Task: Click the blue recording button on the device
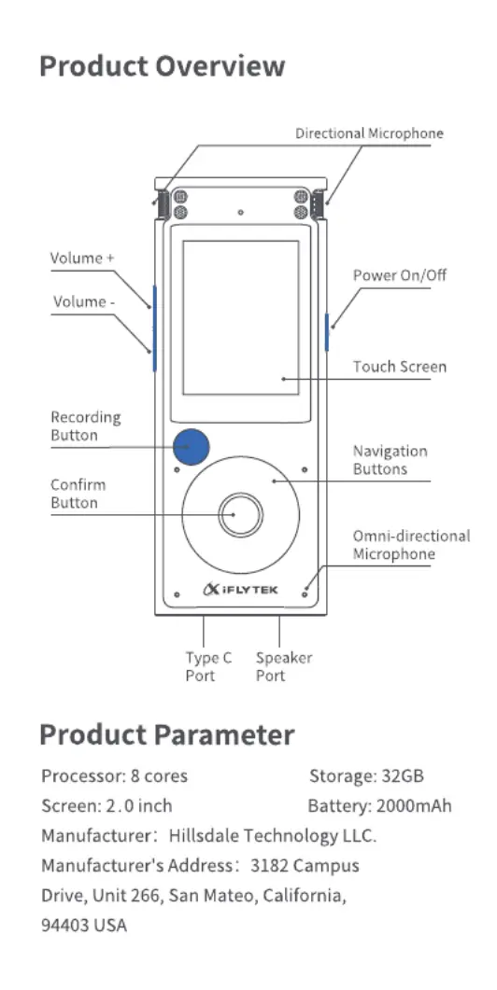pyautogui.click(x=191, y=446)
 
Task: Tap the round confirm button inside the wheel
pyautogui.click(x=240, y=514)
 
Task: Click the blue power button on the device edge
pyautogui.click(x=327, y=331)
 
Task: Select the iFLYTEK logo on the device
pyautogui.click(x=240, y=589)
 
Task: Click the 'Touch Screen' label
pyautogui.click(x=400, y=367)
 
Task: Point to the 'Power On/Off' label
pyautogui.click(x=400, y=275)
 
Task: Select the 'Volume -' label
pyautogui.click(x=83, y=301)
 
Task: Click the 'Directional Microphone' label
pyautogui.click(x=369, y=133)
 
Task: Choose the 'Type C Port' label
pyautogui.click(x=208, y=667)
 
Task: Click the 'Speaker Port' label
pyautogui.click(x=284, y=667)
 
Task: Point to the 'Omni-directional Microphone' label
pyautogui.click(x=412, y=545)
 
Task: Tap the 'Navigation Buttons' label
pyautogui.click(x=390, y=460)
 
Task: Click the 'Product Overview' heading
pyautogui.click(x=162, y=65)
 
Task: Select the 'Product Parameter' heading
pyautogui.click(x=167, y=735)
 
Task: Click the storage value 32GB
pyautogui.click(x=403, y=775)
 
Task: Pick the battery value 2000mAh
pyautogui.click(x=414, y=805)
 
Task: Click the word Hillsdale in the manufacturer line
pyautogui.click(x=205, y=836)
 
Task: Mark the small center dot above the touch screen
pyautogui.click(x=240, y=212)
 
